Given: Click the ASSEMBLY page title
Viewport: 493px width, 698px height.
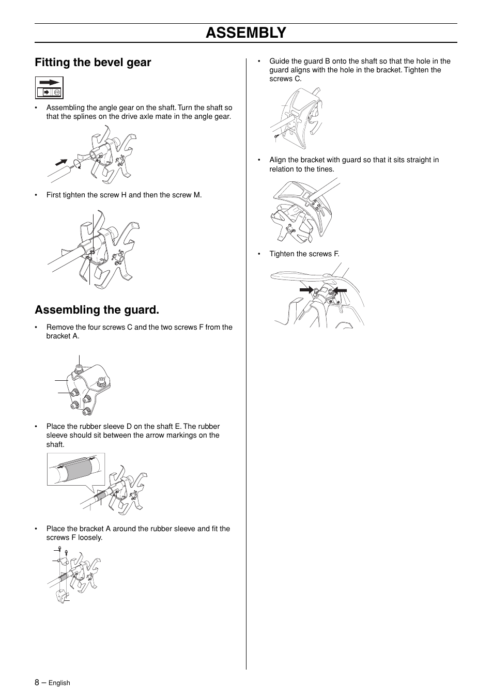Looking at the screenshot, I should [x=245, y=33].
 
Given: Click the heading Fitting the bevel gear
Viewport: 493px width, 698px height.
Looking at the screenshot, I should [x=93, y=63].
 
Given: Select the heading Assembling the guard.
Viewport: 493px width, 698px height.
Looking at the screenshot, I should [x=97, y=310].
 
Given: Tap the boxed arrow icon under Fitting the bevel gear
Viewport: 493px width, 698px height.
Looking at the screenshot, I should [x=49, y=88].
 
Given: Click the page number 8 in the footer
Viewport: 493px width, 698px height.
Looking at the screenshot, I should [x=37, y=682].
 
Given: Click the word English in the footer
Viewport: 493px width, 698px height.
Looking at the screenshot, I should [x=59, y=683].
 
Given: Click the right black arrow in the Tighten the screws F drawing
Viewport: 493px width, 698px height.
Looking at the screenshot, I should [x=340, y=291].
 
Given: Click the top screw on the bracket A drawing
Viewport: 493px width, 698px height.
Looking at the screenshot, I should [x=80, y=368].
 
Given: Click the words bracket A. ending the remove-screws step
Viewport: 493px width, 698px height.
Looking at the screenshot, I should [x=63, y=336].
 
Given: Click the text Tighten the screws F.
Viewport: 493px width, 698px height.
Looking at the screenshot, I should [x=304, y=254].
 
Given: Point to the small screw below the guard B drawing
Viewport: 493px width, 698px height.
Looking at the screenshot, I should [x=277, y=136].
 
